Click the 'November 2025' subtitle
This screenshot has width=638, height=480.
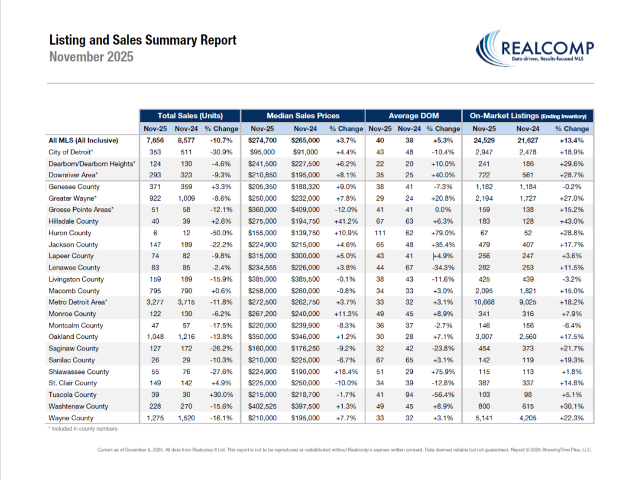pos(91,57)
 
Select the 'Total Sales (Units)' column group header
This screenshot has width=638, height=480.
pos(190,115)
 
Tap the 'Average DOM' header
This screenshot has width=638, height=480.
pos(413,115)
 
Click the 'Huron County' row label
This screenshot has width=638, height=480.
pos(70,233)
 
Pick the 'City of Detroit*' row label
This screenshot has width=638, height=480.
pos(71,152)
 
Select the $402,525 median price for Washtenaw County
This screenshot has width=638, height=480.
pos(261,406)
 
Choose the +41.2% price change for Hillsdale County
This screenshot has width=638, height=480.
pos(345,221)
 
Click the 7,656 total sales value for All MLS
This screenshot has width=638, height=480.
pos(155,141)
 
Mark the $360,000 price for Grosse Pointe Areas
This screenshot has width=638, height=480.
pos(261,210)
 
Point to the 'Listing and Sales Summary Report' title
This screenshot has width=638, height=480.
pos(142,40)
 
